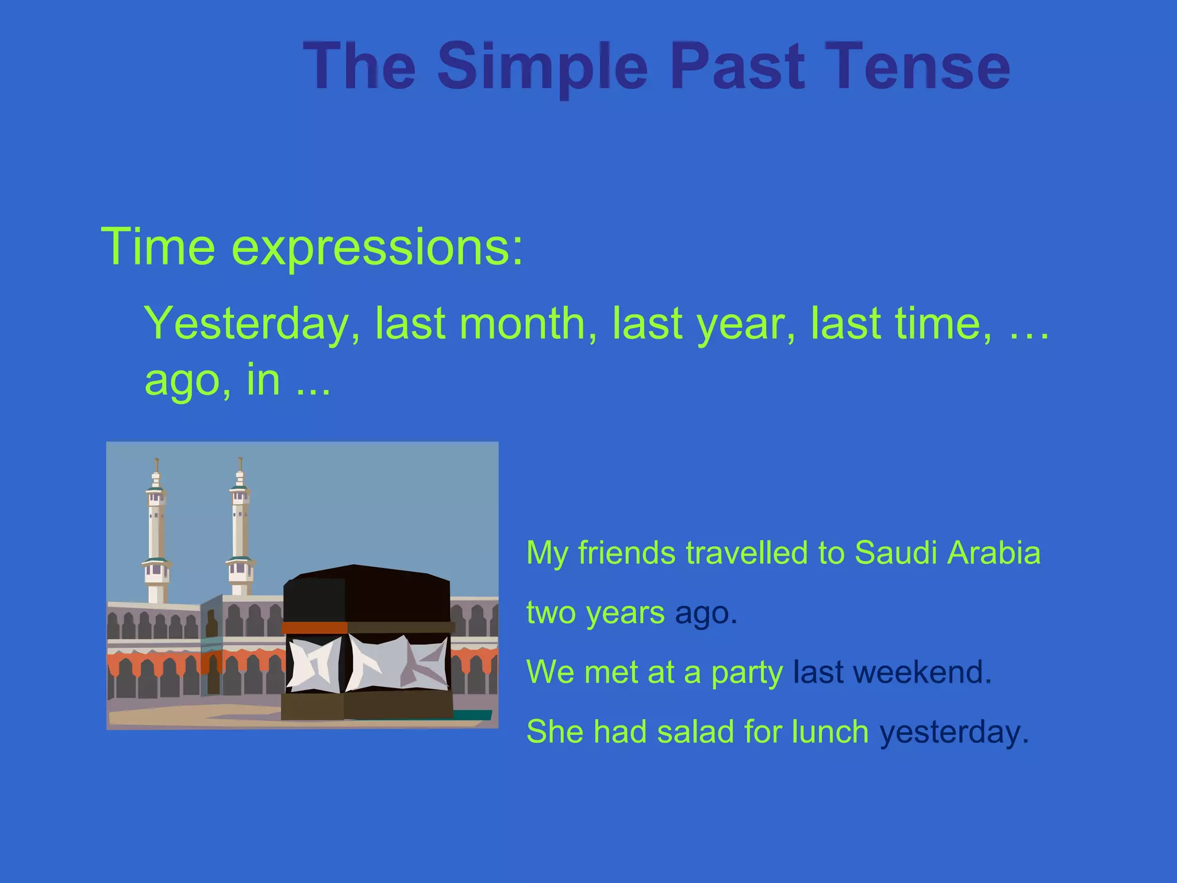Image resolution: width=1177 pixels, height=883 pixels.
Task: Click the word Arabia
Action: pos(994,552)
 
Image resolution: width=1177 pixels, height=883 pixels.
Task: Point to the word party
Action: pos(747,673)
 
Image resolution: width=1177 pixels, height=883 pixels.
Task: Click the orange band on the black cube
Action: pos(315,627)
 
